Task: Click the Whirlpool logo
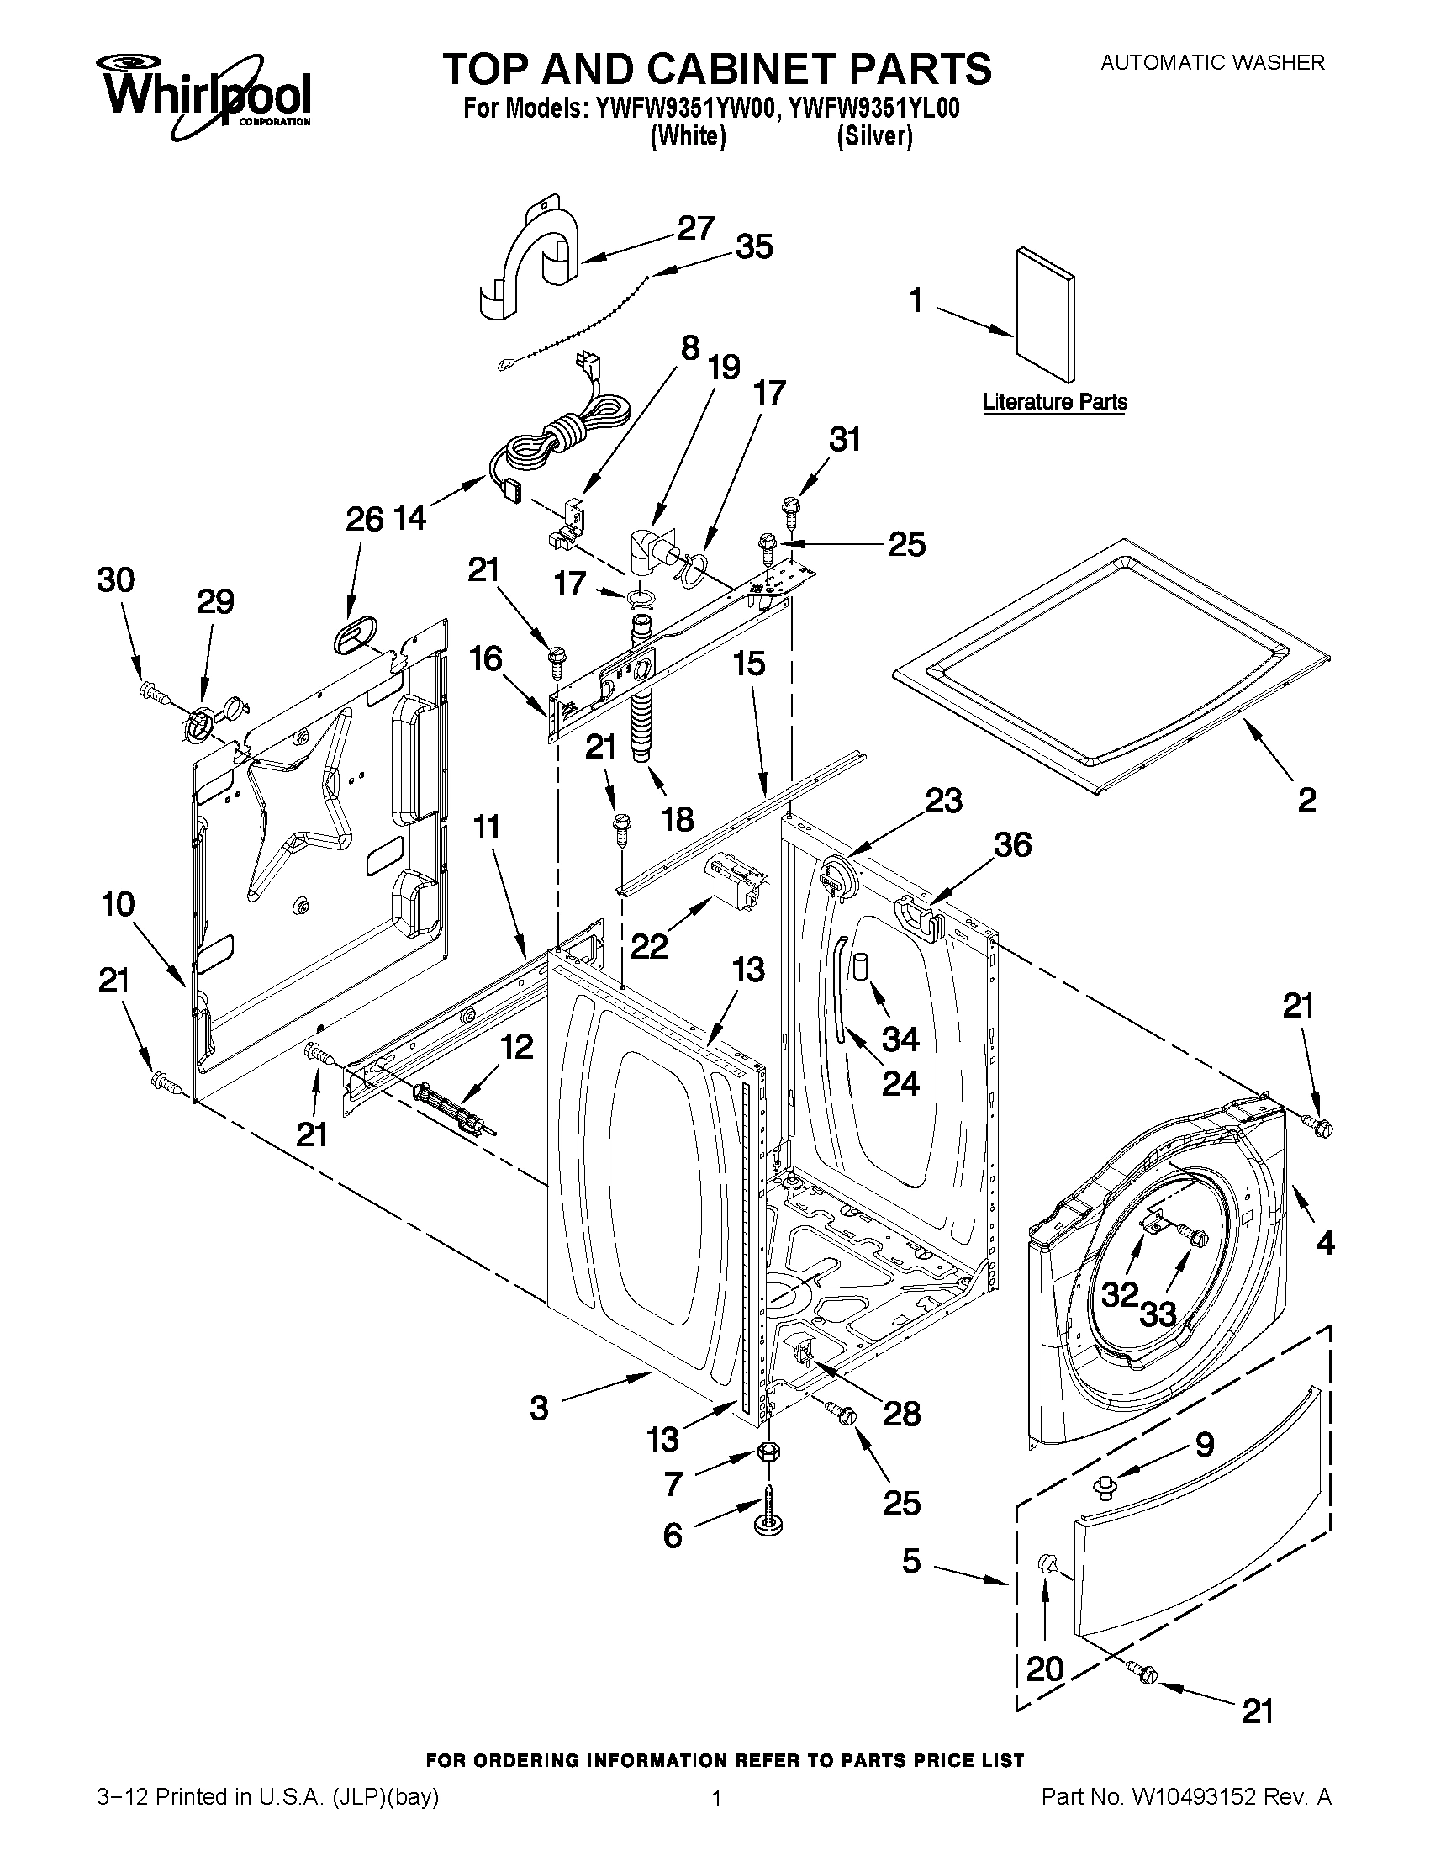207,96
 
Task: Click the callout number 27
694,228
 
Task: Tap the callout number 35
753,246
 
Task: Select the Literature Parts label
1055,402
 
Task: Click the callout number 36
1012,844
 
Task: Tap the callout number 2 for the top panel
1306,799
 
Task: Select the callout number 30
115,580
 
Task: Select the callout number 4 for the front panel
1325,1243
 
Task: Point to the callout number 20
1043,1669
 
